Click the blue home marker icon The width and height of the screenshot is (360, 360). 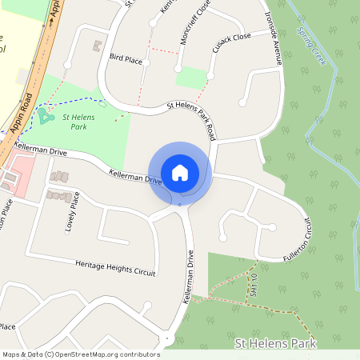coord(180,172)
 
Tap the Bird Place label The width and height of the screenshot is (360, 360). coord(126,59)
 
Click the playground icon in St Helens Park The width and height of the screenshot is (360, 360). coord(42,117)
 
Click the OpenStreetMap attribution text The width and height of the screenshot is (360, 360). coord(80,354)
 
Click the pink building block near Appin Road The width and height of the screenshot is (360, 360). coord(21,175)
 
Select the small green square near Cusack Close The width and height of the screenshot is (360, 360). coord(191,78)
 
